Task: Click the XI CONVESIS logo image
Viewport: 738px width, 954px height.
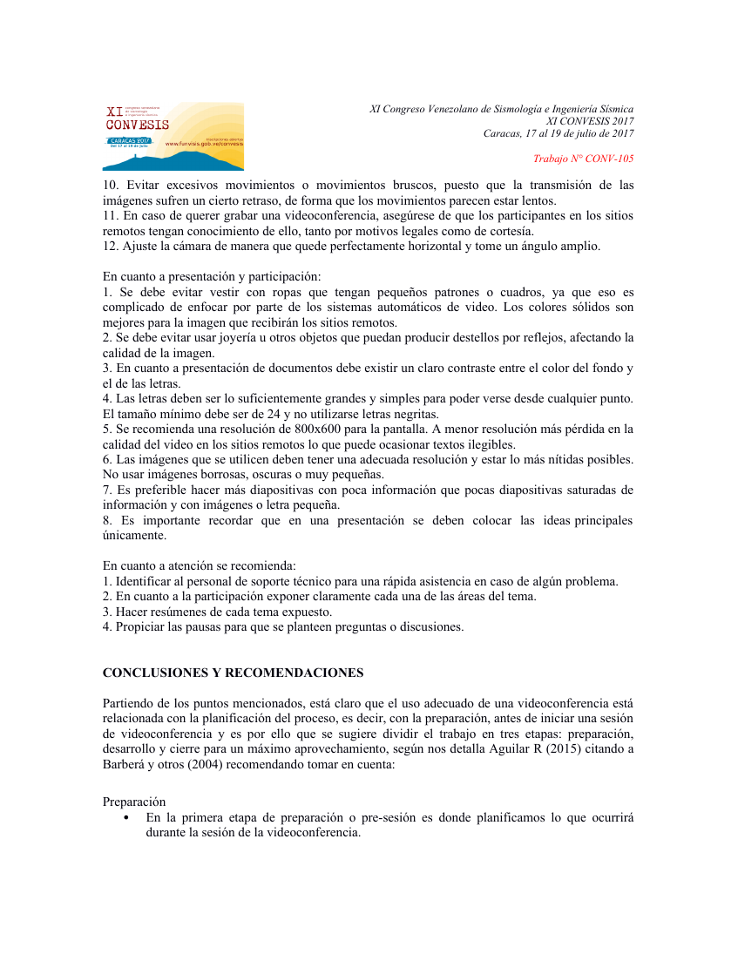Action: coord(173,136)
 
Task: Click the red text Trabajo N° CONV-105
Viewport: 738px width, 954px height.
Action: coord(583,159)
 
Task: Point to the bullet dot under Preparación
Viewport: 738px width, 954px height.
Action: coord(127,818)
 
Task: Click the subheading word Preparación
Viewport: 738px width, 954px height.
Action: coord(134,802)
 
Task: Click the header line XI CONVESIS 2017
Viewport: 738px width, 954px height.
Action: coord(589,121)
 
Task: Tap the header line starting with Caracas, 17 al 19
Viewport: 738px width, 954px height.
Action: coord(559,133)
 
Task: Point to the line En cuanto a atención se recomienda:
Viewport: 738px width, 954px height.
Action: coord(200,565)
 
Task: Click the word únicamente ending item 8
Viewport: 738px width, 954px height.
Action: coord(134,535)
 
